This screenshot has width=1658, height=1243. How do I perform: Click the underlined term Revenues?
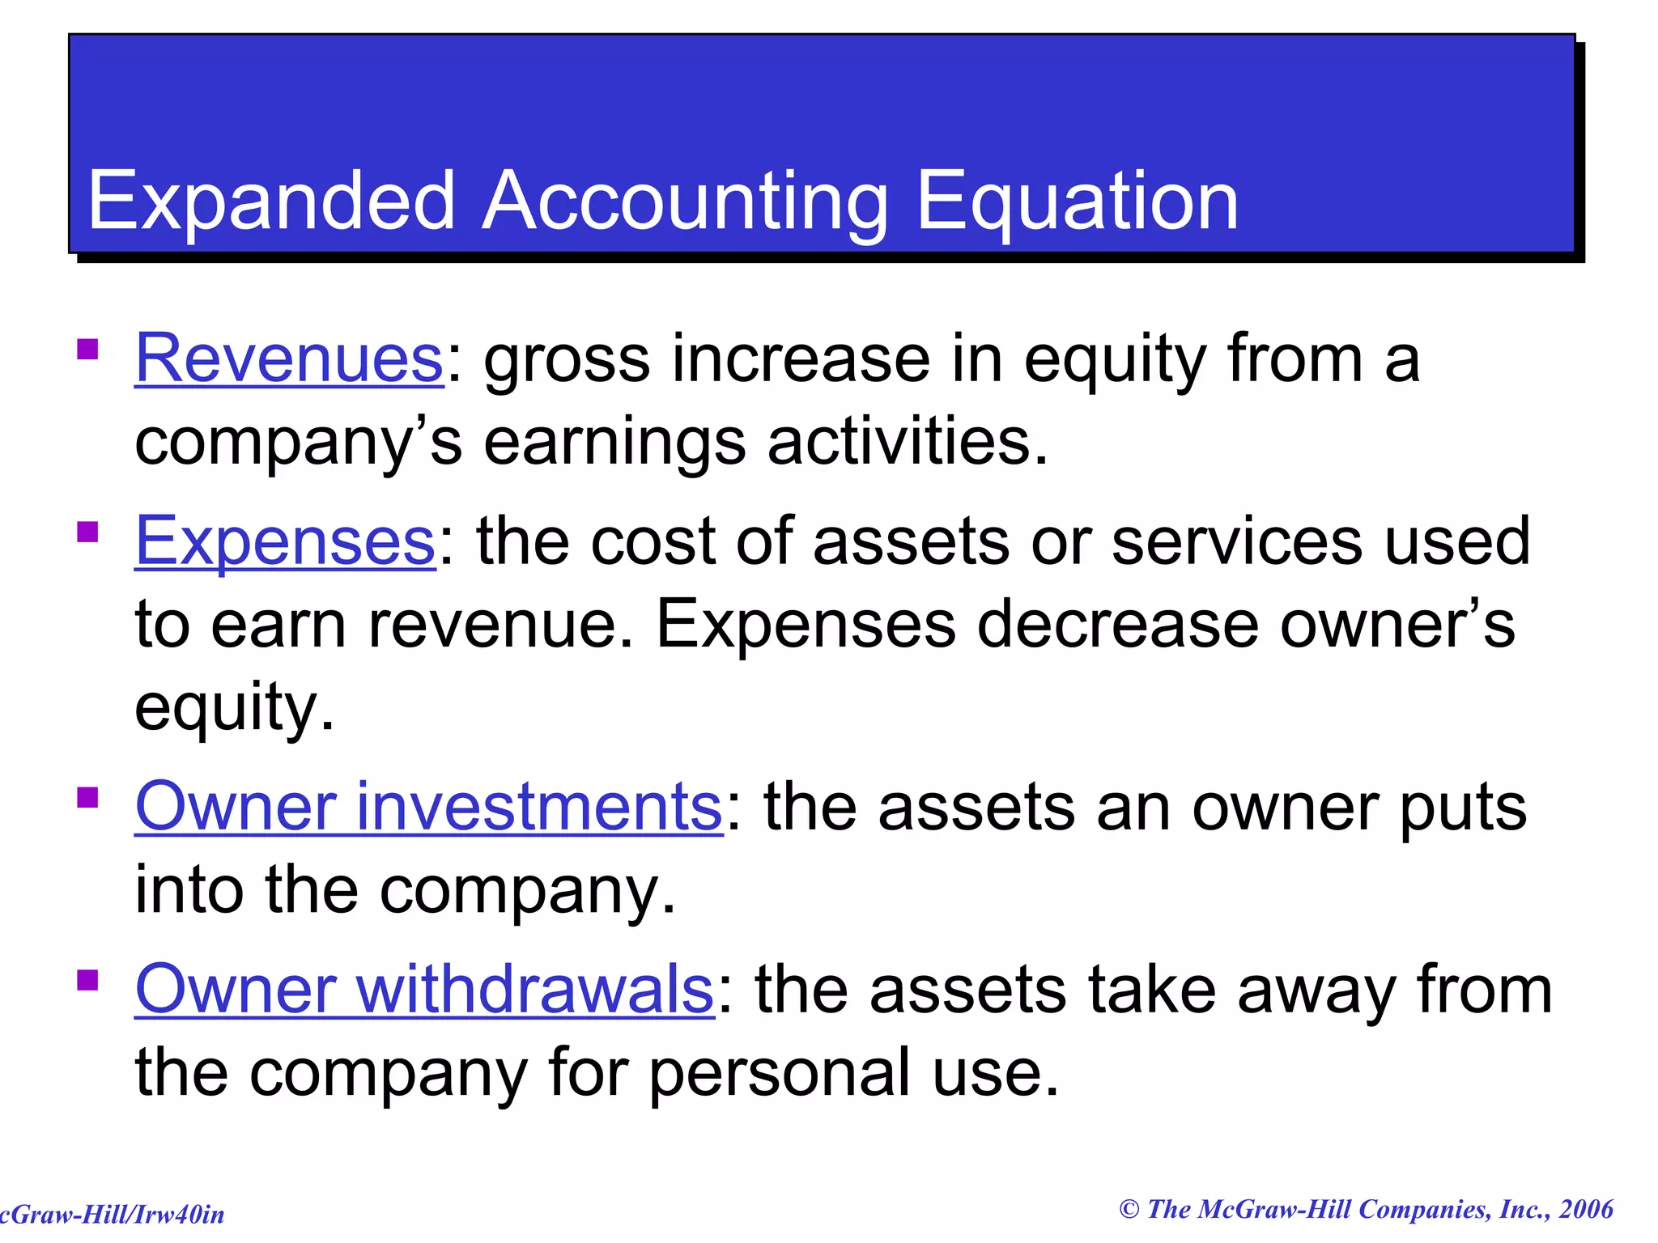tap(289, 358)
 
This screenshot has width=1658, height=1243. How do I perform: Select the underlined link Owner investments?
tap(428, 807)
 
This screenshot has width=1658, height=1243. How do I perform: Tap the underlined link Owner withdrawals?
tap(424, 990)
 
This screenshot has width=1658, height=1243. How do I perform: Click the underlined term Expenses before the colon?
tap(285, 541)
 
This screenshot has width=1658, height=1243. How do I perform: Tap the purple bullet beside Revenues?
tap(87, 350)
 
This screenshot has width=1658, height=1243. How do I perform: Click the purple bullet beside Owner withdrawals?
tap(87, 981)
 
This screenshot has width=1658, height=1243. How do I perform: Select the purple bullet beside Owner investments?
tap(87, 798)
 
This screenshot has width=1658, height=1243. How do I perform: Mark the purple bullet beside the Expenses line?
tap(87, 532)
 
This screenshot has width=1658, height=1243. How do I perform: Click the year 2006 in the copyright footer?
tap(1586, 1210)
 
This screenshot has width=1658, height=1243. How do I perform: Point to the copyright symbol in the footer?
tap(1129, 1210)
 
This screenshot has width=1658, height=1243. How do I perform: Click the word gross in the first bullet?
tap(567, 360)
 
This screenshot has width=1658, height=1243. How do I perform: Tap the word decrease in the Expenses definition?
tap(1117, 625)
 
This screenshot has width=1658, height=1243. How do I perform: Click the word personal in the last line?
tap(780, 1074)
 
